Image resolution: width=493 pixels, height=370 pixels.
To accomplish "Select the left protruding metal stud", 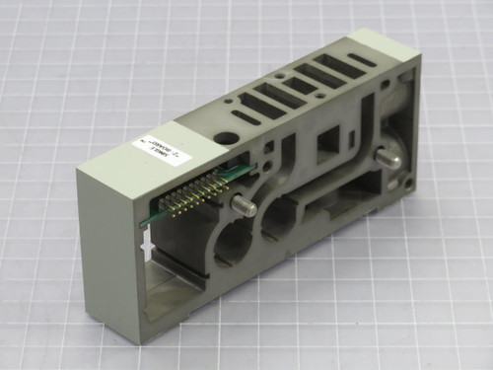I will point(241,205).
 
